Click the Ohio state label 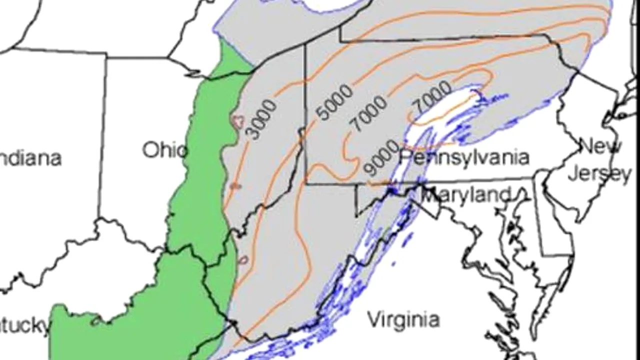pos(164,150)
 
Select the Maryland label pos(466,194)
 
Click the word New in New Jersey pos(600,146)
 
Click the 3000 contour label pos(261,119)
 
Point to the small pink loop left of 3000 pos(238,120)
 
